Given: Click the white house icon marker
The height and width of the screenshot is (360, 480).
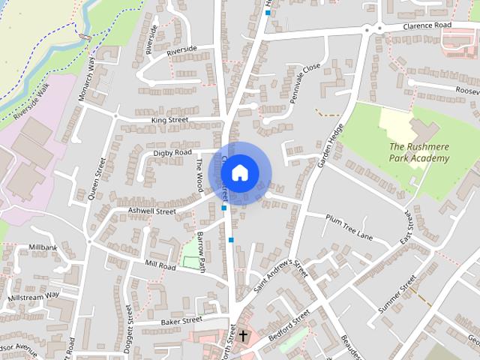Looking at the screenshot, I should pyautogui.click(x=239, y=172).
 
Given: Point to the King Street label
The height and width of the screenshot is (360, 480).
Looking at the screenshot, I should pyautogui.click(x=169, y=119).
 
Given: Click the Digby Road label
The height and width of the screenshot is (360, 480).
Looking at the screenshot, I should pyautogui.click(x=173, y=152).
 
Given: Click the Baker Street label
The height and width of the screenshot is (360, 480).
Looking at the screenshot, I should pyautogui.click(x=181, y=320).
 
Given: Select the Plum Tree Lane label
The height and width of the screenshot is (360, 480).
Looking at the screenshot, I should pyautogui.click(x=349, y=227).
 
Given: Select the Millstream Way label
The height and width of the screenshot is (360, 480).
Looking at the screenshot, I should pyautogui.click(x=33, y=297).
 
